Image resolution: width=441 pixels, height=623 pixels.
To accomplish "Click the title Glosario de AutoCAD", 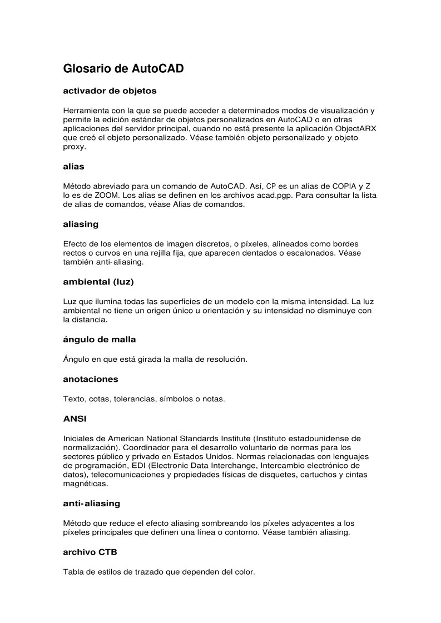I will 123,69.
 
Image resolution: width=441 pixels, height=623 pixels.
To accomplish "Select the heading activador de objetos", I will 110,90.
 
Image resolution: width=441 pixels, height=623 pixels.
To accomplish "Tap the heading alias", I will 73,166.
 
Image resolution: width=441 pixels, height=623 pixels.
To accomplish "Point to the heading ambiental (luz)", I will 98,282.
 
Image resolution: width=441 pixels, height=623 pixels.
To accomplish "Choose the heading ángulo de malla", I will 100,339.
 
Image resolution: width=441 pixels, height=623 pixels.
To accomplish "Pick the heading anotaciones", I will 91,379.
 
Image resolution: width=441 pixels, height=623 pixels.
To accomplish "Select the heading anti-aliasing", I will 92,504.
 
